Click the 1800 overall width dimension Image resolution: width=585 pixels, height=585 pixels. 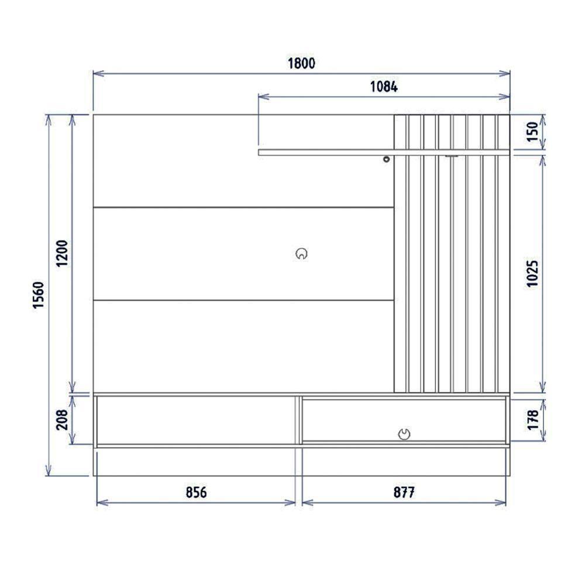click(x=301, y=63)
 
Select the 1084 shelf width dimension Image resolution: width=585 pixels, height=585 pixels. click(x=384, y=87)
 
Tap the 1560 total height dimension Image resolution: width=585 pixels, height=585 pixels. click(x=38, y=295)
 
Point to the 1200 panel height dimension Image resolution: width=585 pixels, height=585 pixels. click(x=63, y=253)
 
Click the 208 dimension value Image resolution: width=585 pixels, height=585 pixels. click(x=62, y=419)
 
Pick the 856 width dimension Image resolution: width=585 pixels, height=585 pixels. click(x=197, y=493)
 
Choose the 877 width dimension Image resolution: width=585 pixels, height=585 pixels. click(x=404, y=493)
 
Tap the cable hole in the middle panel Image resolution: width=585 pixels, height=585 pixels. click(x=301, y=254)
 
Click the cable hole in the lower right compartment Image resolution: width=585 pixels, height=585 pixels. click(x=404, y=433)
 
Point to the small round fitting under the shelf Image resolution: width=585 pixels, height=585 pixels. click(x=386, y=159)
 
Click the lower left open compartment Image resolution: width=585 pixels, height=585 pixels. click(x=197, y=420)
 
